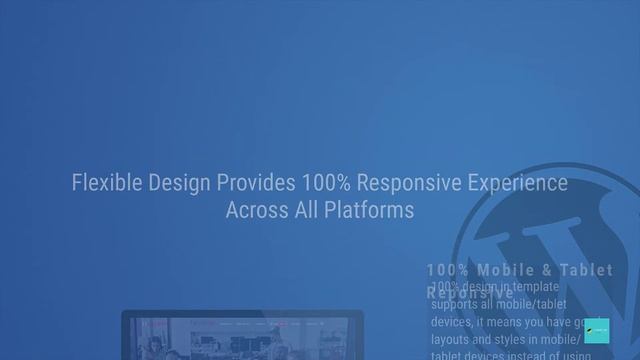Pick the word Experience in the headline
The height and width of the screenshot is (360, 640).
[520, 184]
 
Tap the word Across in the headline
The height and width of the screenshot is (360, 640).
[254, 211]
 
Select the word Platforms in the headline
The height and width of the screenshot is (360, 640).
[366, 211]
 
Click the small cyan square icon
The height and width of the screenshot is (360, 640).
[597, 331]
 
